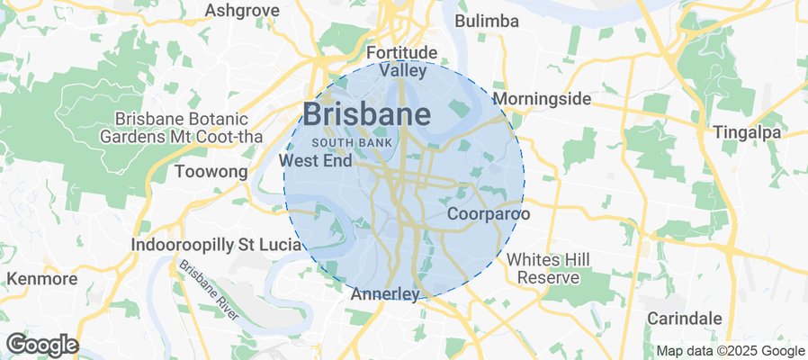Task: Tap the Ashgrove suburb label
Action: [242, 10]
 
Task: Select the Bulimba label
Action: [487, 21]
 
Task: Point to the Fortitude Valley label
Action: [402, 61]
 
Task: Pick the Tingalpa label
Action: [748, 132]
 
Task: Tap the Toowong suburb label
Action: [211, 171]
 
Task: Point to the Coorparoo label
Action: [488, 214]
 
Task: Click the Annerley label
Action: [385, 294]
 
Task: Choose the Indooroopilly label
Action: [182, 245]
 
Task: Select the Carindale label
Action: [685, 318]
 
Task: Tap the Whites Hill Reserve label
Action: [548, 268]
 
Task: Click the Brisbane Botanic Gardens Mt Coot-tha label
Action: [174, 128]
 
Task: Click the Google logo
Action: [41, 344]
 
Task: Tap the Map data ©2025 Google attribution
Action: [730, 351]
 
